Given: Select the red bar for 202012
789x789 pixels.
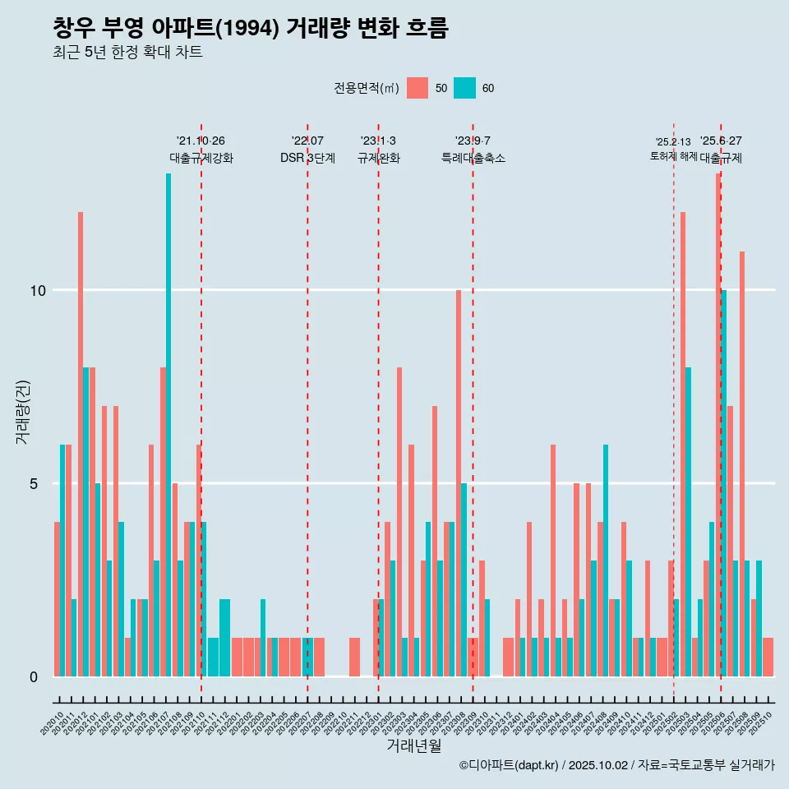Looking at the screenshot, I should point(81,444).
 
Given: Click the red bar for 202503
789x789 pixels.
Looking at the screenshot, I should point(683,444).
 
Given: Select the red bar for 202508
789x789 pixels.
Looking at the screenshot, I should point(742,464).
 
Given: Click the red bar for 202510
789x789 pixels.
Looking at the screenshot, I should point(768,657).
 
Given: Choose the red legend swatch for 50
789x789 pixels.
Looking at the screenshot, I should point(418,88).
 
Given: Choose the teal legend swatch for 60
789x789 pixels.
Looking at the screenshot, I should point(464,88).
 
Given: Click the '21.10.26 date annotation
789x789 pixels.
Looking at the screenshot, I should point(201,141).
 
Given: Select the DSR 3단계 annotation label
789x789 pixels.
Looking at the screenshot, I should point(307,158).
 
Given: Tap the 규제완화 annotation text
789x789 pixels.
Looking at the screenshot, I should point(378,158).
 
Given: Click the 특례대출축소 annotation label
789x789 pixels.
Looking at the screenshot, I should point(473,158).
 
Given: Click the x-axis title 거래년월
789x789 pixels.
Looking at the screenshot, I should point(414,746).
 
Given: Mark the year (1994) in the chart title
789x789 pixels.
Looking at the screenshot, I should point(250,29).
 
